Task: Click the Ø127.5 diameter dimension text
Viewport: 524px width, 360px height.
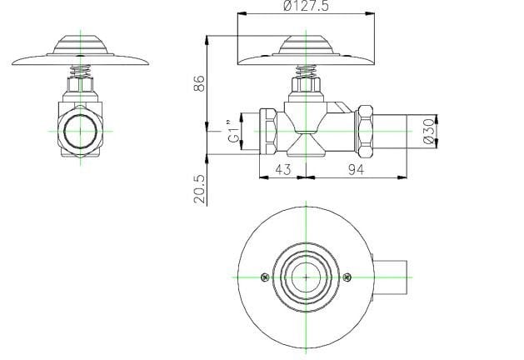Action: click(x=306, y=7)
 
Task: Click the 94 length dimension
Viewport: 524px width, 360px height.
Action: click(x=356, y=169)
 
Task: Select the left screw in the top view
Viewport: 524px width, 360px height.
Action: click(x=265, y=276)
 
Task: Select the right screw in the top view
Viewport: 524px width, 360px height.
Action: click(x=349, y=276)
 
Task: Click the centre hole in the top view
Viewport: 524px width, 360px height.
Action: click(x=307, y=276)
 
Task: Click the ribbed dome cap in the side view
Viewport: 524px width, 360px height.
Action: click(x=307, y=43)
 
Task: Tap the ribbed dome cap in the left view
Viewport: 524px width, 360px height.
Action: click(x=82, y=43)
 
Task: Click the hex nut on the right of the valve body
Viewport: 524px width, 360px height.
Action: click(x=365, y=132)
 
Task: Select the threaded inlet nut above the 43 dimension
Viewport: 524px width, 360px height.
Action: click(x=268, y=132)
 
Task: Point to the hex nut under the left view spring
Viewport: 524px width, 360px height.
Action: click(x=82, y=86)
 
